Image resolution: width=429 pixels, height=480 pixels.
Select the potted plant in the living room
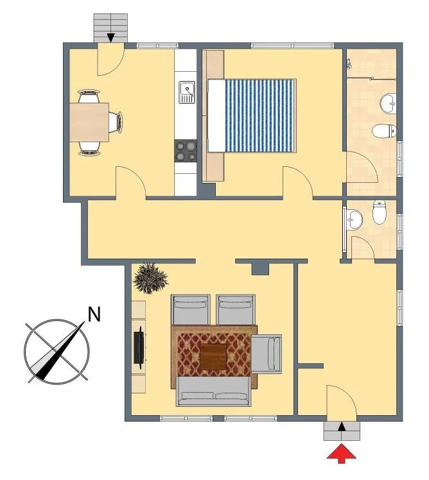coord(150,278)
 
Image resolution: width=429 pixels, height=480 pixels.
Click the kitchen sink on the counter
coord(187,92)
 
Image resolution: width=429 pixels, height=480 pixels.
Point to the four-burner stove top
coord(186,151)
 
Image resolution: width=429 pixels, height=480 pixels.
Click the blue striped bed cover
coord(261,116)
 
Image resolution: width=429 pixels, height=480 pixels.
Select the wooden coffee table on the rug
coord(213,356)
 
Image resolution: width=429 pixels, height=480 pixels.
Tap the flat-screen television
coord(139,347)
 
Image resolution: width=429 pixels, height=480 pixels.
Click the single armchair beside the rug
coord(267,354)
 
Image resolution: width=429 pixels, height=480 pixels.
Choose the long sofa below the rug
coord(214,391)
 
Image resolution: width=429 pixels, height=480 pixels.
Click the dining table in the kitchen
coord(89,123)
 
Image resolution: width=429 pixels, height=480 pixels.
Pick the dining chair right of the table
coord(116,122)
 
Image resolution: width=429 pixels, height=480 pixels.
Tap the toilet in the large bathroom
coord(384,131)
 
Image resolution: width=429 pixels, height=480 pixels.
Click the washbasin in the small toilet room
coord(355,219)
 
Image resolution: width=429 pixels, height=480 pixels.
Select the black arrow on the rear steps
coord(110,37)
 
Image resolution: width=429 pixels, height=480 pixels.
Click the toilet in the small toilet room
coord(379,212)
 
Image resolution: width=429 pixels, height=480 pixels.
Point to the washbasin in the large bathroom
coord(389,104)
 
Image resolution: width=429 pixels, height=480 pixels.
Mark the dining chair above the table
coord(89,96)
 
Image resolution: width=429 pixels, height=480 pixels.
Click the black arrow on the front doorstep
coord(342,427)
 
